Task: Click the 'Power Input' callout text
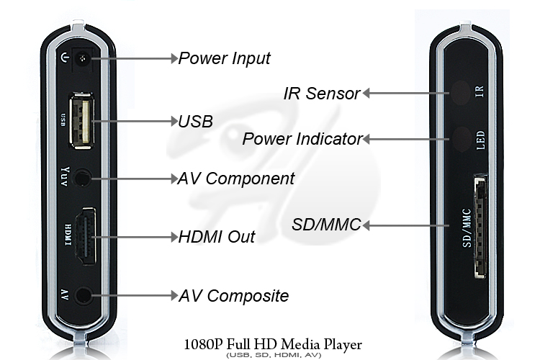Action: [x=224, y=58]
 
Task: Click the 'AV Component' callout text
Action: [x=236, y=178]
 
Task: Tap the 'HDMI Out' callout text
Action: [x=217, y=236]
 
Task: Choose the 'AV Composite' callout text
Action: [x=233, y=295]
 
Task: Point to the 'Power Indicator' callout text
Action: [x=302, y=139]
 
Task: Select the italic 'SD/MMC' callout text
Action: [x=325, y=225]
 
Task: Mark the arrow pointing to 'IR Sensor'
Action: [x=403, y=92]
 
